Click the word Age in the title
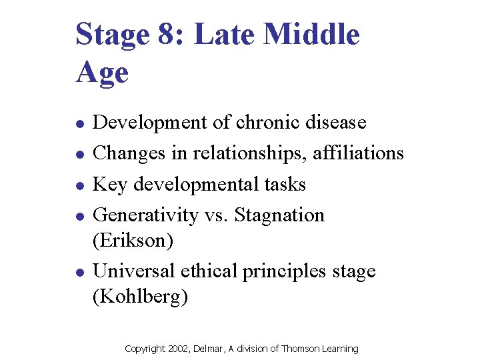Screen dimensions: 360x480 pyautogui.click(x=102, y=71)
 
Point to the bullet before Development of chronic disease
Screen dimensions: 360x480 pyautogui.click(x=79, y=124)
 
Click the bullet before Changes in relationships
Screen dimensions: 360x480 pyautogui.click(x=79, y=155)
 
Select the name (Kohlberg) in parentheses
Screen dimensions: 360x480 pyautogui.click(x=140, y=296)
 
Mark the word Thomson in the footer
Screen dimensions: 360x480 pyautogui.click(x=299, y=349)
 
